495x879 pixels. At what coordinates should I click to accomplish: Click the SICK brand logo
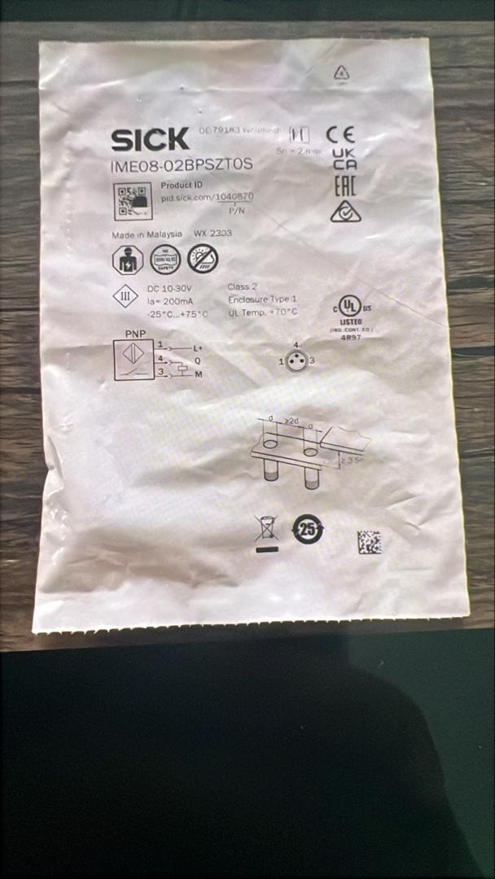pos(150,140)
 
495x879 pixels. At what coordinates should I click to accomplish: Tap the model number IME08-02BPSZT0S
pos(180,164)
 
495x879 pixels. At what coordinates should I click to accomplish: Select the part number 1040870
pos(234,197)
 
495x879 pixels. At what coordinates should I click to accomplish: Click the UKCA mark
pos(344,159)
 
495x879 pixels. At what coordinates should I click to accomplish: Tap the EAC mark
pos(345,185)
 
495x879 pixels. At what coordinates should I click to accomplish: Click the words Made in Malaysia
pos(147,234)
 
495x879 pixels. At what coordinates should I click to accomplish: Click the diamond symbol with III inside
pos(125,297)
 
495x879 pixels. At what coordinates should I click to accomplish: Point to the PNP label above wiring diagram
pos(133,335)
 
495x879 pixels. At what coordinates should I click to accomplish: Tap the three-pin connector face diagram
pos(296,361)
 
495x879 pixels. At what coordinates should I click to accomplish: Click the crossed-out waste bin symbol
pos(266,528)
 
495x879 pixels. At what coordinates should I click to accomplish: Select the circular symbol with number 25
pos(308,528)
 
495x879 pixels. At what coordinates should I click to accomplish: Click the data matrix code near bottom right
pos(369,542)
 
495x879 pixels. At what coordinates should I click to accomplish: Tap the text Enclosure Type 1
pos(262,300)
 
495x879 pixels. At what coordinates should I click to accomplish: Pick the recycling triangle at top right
pos(341,73)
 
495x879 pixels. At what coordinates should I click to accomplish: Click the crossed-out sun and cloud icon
pos(203,259)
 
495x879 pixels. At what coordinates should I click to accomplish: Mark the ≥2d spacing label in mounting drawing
pos(291,420)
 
